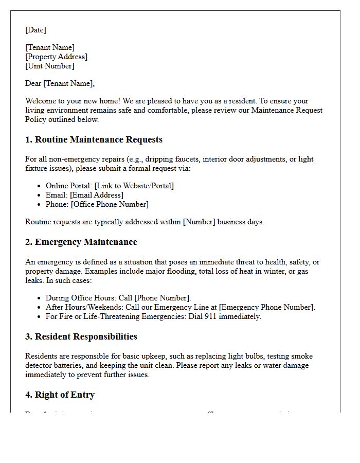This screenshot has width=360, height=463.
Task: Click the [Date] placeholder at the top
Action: tap(35, 30)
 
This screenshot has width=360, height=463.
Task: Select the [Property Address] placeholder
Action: tap(56, 57)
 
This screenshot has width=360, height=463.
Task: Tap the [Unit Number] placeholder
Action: tap(49, 66)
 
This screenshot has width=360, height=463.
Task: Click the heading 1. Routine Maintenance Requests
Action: tap(94, 139)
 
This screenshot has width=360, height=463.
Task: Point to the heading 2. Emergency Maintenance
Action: tap(81, 242)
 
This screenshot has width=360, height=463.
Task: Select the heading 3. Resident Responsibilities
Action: tap(81, 336)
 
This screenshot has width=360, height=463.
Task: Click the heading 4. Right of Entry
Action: tap(60, 395)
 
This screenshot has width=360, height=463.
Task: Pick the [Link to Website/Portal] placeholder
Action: tap(134, 186)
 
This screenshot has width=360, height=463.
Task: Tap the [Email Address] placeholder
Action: tap(97, 195)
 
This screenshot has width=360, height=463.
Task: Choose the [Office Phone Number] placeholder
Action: tap(110, 204)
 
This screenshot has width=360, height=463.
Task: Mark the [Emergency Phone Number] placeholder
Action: tap(266, 307)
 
